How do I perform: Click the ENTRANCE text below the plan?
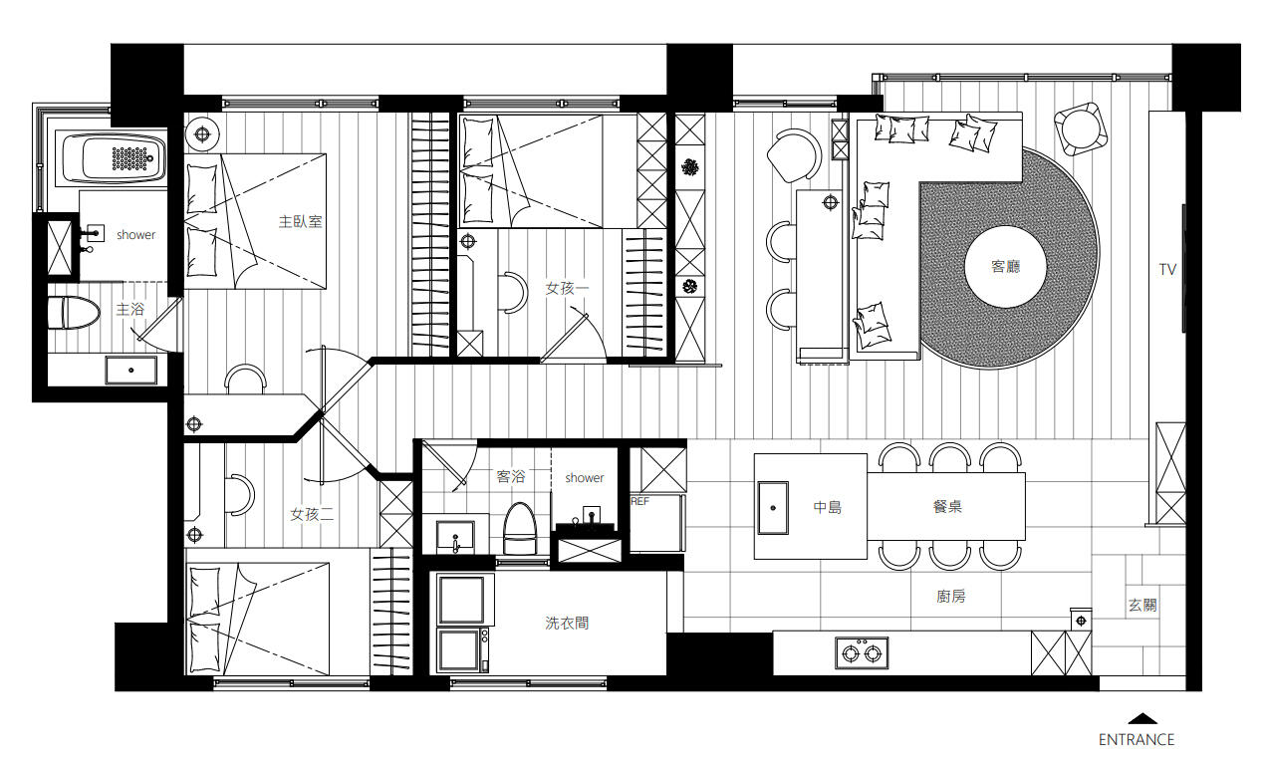point(1137,739)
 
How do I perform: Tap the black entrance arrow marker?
point(1142,718)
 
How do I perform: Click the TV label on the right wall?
point(1167,269)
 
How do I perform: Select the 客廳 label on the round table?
point(1006,267)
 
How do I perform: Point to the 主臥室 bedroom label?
point(301,221)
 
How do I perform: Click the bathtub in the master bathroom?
point(115,157)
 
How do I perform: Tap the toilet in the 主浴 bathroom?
point(73,313)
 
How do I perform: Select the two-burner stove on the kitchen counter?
point(862,653)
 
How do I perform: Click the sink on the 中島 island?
point(773,508)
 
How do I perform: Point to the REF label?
point(639,501)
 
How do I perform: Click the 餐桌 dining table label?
point(947,506)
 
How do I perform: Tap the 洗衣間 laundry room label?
point(567,623)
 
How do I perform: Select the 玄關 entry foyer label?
point(1142,606)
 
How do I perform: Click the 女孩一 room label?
point(568,289)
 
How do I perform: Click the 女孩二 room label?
point(312,514)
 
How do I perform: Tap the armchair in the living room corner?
point(1081,128)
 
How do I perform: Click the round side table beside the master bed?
point(202,134)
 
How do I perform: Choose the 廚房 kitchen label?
point(951,597)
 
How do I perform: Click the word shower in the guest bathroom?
point(585,478)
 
